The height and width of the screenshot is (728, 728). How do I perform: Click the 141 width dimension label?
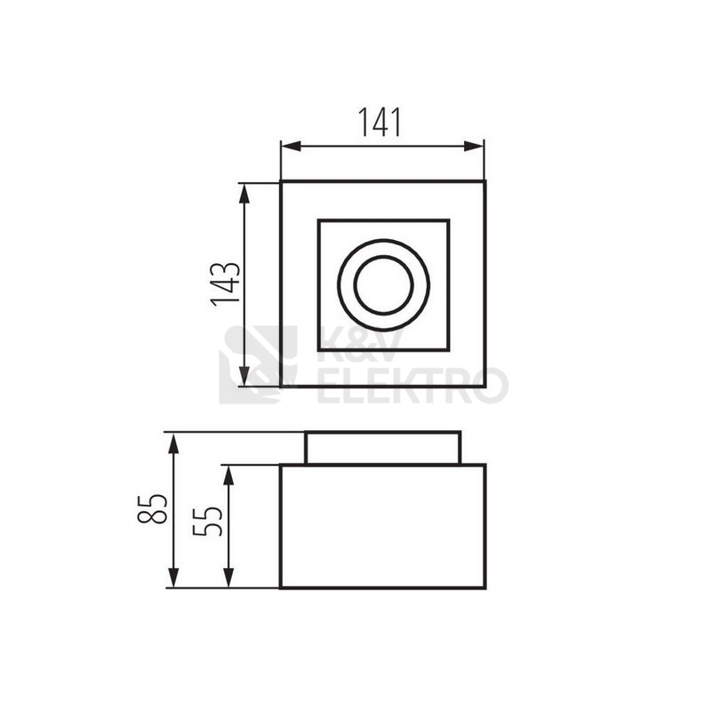click(x=380, y=123)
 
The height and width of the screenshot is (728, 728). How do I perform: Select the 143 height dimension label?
click(x=226, y=284)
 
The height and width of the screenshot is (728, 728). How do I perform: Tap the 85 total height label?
click(x=152, y=508)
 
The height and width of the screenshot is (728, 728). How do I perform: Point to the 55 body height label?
click(x=207, y=522)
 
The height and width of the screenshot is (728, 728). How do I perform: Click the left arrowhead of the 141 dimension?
click(x=291, y=147)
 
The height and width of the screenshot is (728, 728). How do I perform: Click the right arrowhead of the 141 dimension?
click(x=474, y=147)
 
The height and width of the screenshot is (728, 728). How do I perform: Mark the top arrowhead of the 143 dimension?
click(x=244, y=194)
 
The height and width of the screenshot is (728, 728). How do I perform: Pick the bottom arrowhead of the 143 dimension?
click(x=244, y=376)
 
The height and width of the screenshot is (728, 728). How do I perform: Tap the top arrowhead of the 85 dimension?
click(x=173, y=443)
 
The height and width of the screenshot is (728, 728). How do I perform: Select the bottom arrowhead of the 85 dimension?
click(x=173, y=578)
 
